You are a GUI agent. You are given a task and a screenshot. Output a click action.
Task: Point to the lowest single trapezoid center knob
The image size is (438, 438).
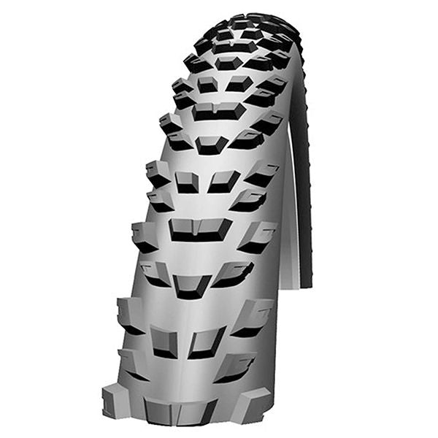[193, 284]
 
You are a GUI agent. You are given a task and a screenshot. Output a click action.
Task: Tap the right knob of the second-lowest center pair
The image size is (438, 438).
[224, 180]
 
